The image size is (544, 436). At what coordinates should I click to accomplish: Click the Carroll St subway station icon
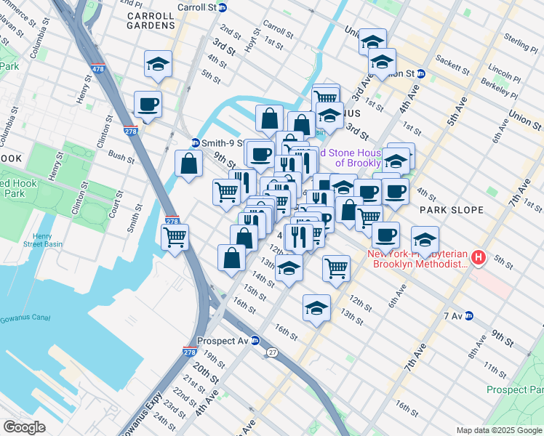point(223,7)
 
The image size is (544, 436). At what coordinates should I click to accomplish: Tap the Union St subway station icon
point(420,74)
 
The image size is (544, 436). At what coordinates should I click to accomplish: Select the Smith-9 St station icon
point(196,142)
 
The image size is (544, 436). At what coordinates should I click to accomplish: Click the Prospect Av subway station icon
point(255,340)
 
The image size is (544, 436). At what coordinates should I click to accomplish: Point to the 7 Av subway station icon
point(469,316)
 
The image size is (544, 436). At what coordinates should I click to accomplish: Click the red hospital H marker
point(479,257)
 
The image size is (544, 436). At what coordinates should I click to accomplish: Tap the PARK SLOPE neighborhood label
point(452,210)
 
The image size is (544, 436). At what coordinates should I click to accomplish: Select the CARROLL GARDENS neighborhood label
point(151,20)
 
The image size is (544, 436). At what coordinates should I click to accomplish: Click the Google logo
point(25,427)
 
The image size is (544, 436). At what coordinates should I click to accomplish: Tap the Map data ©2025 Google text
point(499,430)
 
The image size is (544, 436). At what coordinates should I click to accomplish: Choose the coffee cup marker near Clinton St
point(148,104)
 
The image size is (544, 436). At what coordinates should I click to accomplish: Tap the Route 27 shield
point(271,352)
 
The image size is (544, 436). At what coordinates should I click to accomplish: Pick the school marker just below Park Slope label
point(425,238)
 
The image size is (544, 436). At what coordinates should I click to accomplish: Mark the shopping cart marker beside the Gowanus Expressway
point(175,236)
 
